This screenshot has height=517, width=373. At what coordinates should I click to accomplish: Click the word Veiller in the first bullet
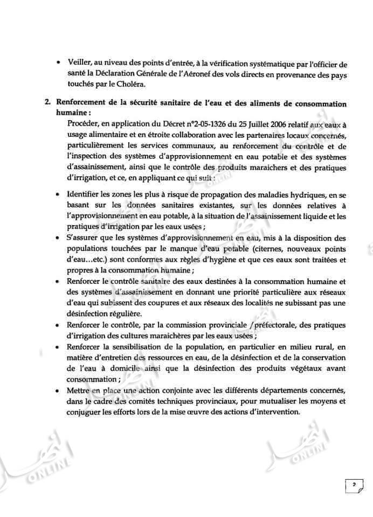(80, 65)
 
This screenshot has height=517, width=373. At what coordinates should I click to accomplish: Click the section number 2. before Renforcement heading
(47, 103)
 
